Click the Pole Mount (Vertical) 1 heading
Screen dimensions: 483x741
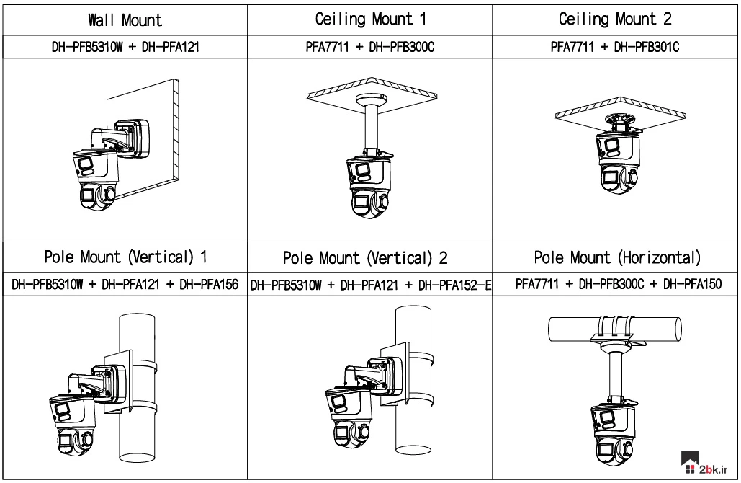point(125,256)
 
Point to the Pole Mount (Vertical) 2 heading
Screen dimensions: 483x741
point(370,257)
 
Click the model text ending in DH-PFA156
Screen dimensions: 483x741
point(125,285)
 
